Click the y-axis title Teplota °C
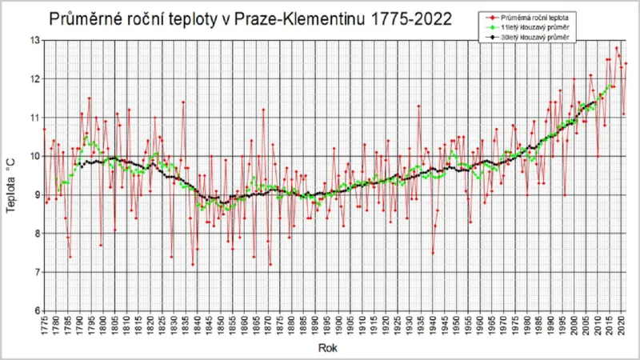[12, 175]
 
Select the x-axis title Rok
[327, 348]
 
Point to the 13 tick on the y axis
[34, 40]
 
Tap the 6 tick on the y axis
[36, 310]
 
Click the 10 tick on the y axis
[34, 156]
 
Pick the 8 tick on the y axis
[36, 234]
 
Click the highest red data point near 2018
[617, 48]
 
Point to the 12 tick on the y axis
[34, 78]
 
